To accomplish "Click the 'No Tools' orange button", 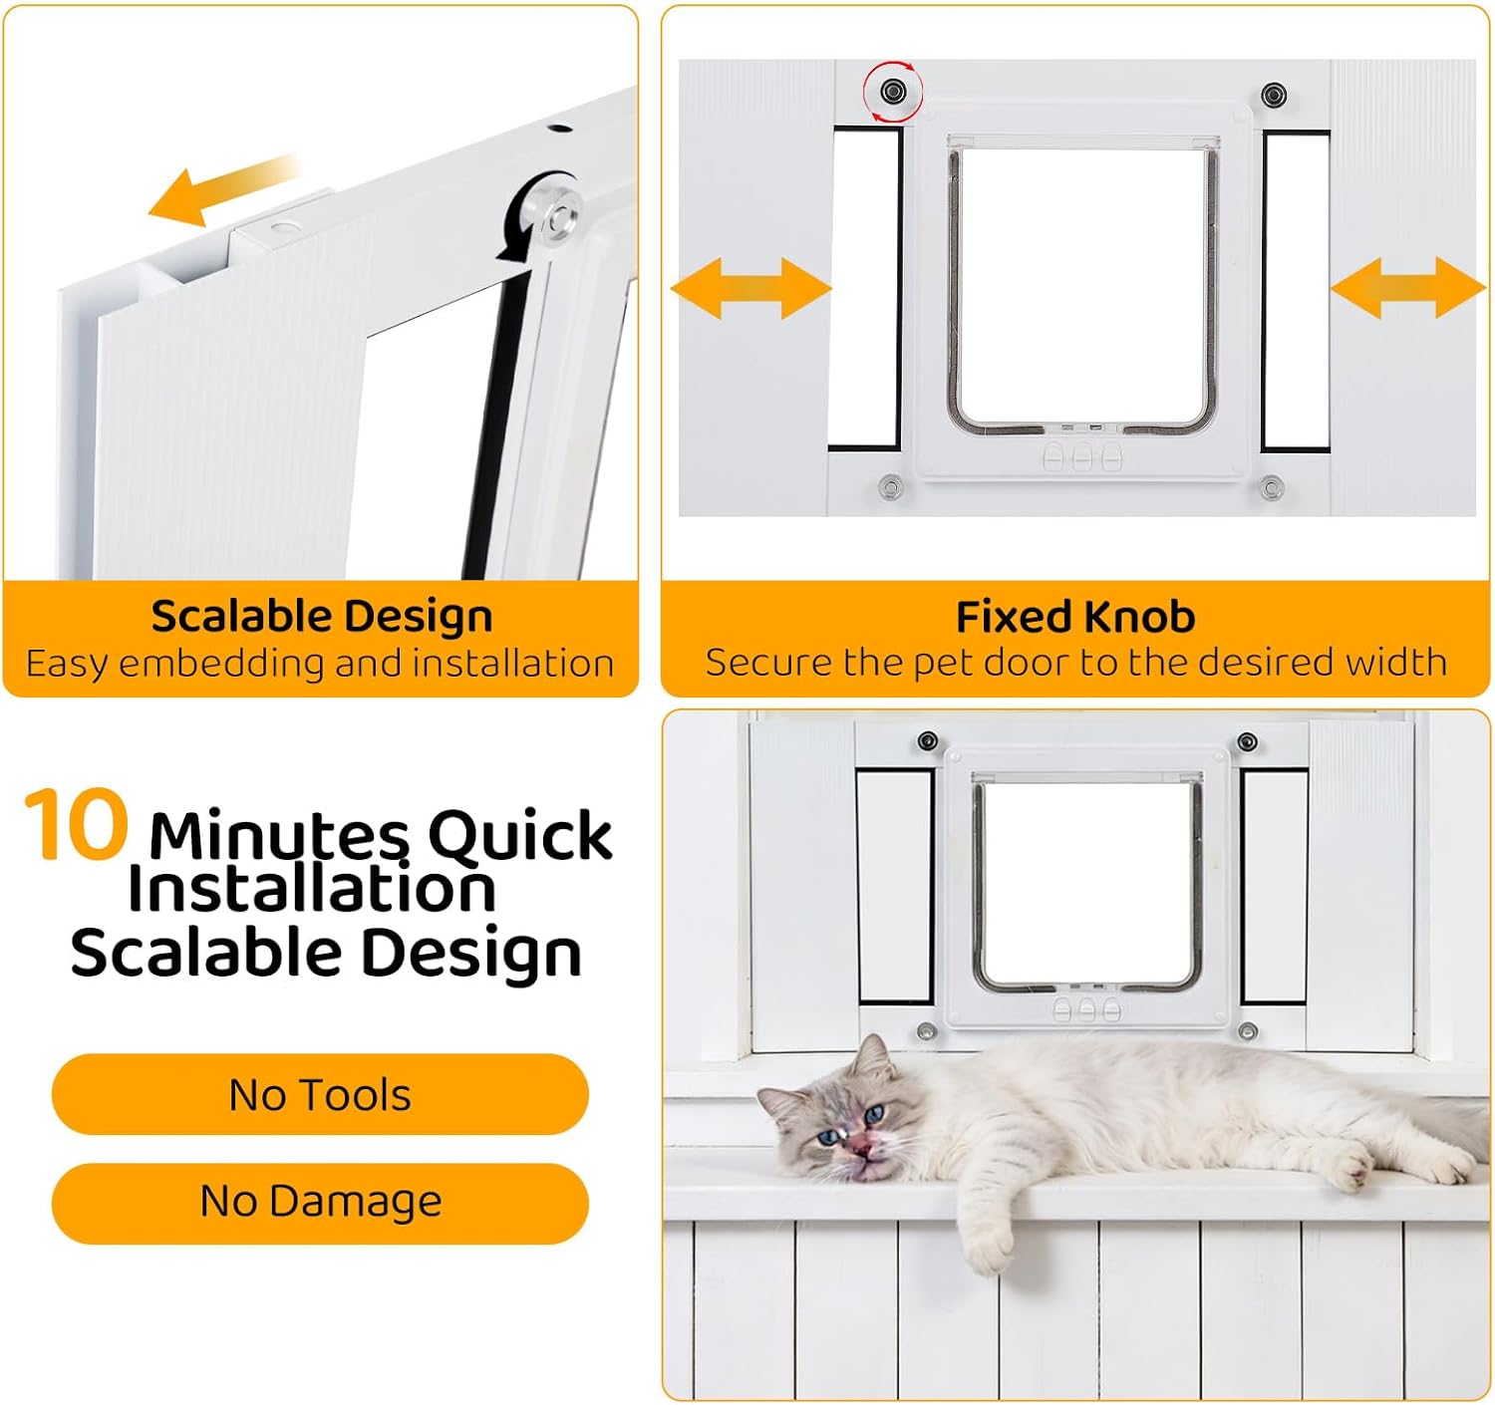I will pyautogui.click(x=320, y=1094).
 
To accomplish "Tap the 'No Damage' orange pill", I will pyautogui.click(x=320, y=1202).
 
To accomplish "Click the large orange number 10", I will pyautogui.click(x=76, y=824).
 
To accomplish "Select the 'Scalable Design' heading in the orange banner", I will pyautogui.click(x=321, y=616).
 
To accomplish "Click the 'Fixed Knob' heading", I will pyautogui.click(x=1075, y=617).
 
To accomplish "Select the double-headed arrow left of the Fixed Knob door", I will pyautogui.click(x=750, y=288).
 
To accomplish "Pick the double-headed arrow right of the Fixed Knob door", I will pyautogui.click(x=1407, y=288).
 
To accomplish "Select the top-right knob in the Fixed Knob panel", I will pyautogui.click(x=1273, y=95).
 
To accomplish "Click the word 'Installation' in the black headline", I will pyautogui.click(x=311, y=889).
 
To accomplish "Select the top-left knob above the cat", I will pyautogui.click(x=927, y=741).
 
